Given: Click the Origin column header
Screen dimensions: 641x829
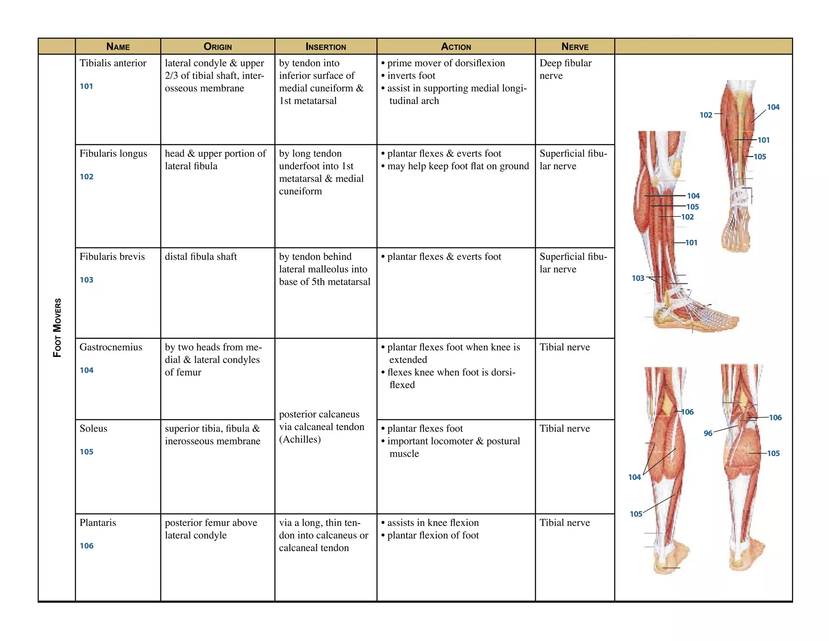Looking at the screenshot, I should (217, 47).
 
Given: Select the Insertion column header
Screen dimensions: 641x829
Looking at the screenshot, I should (325, 47).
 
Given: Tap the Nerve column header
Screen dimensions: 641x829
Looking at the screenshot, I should (575, 47).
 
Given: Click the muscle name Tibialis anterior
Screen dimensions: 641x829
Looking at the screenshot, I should (113, 63).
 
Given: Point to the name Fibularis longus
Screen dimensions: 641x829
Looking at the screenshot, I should (113, 154).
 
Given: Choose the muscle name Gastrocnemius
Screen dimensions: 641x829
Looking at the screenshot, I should (111, 347).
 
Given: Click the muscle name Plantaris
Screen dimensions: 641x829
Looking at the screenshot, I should (98, 523).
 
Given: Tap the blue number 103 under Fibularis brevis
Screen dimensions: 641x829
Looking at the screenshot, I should (86, 280).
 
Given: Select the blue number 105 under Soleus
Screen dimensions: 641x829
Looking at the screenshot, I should (86, 452).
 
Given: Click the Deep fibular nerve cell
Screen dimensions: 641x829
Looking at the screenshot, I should (565, 69).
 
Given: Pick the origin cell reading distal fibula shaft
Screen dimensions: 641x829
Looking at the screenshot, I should (201, 257).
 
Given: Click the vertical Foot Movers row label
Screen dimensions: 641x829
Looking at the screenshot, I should (57, 328).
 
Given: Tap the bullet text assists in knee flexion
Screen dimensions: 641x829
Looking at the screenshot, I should (433, 523).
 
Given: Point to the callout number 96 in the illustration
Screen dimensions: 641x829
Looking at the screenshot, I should (708, 434).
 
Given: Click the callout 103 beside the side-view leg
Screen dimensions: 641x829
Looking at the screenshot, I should (638, 278).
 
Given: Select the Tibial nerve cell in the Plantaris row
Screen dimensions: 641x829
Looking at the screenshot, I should (565, 523).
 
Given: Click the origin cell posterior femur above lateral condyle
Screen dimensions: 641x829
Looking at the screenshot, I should (211, 529).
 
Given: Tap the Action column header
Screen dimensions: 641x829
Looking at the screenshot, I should (456, 47).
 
